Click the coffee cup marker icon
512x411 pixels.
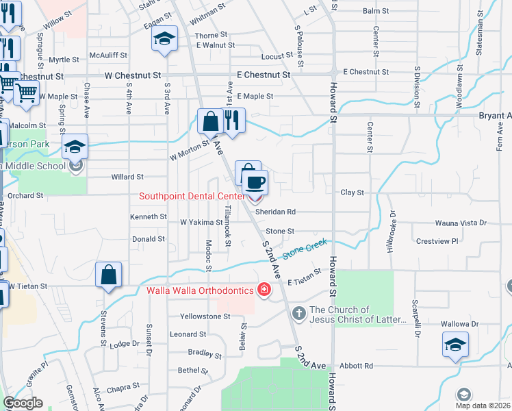tap(255, 183)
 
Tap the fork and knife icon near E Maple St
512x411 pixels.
tap(233, 121)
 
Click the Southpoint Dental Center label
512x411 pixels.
tap(192, 196)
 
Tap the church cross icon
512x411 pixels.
tap(298, 313)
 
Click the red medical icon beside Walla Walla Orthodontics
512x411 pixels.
tap(263, 290)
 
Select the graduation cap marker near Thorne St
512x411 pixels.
tap(164, 38)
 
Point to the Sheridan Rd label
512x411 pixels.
tap(275, 212)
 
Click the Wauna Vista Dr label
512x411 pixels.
tap(461, 223)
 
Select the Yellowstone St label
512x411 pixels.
tap(205, 316)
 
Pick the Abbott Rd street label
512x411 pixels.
tap(359, 366)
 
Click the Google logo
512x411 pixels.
tap(23, 403)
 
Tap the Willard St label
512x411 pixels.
tap(127, 177)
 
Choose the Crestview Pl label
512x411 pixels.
tap(437, 241)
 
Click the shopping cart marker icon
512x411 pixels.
tap(25, 92)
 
